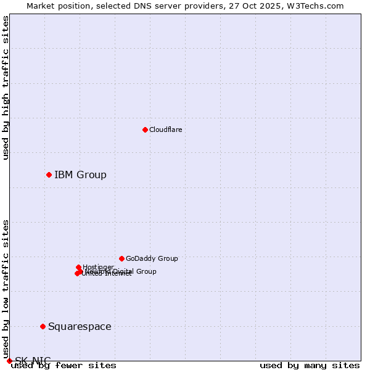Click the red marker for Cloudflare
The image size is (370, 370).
(145, 129)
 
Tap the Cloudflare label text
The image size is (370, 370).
(165, 129)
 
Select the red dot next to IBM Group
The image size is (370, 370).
(49, 175)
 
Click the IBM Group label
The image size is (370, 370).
(80, 175)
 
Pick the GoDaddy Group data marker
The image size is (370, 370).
(121, 258)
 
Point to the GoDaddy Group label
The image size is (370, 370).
(152, 259)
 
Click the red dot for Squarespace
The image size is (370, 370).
(43, 326)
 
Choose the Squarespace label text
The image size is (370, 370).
(80, 327)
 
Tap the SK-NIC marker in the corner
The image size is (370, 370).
(9, 361)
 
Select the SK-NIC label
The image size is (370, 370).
(33, 361)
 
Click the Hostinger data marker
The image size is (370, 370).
(78, 267)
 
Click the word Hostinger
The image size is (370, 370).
(98, 267)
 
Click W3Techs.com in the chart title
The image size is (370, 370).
(319, 6)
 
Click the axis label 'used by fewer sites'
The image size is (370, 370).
(64, 366)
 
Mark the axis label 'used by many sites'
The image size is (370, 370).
(310, 366)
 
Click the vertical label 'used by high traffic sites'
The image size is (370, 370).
(6, 88)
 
